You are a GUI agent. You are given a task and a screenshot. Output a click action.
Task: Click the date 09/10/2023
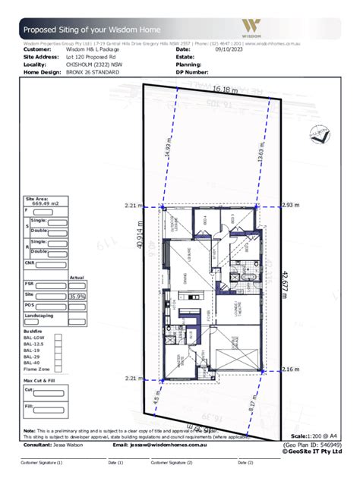[232, 49]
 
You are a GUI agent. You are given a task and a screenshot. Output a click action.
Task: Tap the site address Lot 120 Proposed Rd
[95, 56]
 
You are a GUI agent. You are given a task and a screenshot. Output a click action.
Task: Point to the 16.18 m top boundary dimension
[226, 89]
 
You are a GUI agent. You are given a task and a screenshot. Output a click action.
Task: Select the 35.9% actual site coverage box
[77, 296]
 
